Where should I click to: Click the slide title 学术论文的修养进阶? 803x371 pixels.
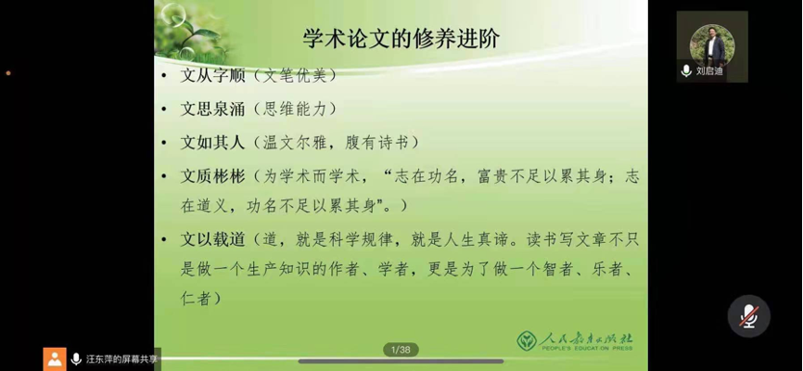pos(401,38)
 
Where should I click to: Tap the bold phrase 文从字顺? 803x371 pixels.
pos(212,76)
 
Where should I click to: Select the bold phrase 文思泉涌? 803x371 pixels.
pos(212,109)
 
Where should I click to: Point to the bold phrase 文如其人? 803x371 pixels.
pos(212,142)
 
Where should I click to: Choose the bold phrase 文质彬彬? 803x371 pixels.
pos(212,176)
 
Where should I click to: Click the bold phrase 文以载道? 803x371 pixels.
pos(212,239)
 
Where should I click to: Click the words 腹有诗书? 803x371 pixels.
pos(377,142)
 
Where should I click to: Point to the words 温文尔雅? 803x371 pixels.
pos(295,142)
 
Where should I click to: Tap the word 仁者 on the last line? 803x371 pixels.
pos(196,299)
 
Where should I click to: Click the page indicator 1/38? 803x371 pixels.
pos(401,350)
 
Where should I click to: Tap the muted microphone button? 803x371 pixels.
pos(748,316)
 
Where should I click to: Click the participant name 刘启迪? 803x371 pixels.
pos(709,71)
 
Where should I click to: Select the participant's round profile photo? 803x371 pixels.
pos(712,45)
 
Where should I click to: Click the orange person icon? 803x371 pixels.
pos(55,359)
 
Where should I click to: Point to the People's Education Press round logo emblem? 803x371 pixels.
pos(527,340)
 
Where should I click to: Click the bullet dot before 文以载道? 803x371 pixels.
pos(164,240)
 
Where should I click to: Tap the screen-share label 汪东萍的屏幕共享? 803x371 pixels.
pos(121,359)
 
